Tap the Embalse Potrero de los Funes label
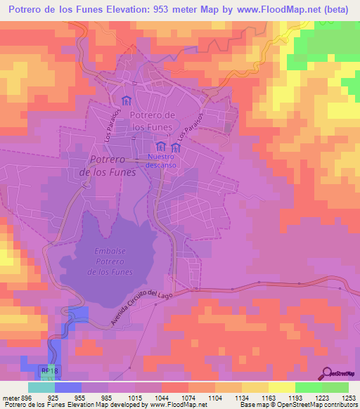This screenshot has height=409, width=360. point(110,261)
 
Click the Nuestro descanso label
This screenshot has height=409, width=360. point(162,161)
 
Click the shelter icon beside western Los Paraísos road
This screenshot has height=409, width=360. point(127,100)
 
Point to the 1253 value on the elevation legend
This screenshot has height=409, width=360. point(348,397)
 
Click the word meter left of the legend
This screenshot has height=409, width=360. point(10,397)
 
